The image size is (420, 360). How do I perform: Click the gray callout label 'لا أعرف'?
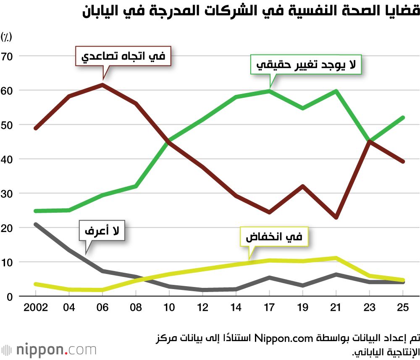pyautogui.click(x=102, y=231)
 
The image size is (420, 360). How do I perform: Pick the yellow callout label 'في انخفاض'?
pyautogui.click(x=274, y=237)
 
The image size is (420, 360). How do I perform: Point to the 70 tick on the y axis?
pyautogui.click(x=8, y=56)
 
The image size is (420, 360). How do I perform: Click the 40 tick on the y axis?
pyautogui.click(x=8, y=159)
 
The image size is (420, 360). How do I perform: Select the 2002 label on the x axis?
pyautogui.click(x=35, y=308)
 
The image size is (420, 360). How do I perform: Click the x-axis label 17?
pyautogui.click(x=269, y=308)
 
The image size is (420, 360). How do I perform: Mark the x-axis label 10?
pyautogui.click(x=169, y=308)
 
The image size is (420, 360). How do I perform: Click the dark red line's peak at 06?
pyautogui.click(x=102, y=85)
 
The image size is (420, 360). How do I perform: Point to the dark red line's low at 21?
pyautogui.click(x=336, y=217)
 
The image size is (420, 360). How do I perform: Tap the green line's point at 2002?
pyautogui.click(x=36, y=211)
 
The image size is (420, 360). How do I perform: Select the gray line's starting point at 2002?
pyautogui.click(x=36, y=224)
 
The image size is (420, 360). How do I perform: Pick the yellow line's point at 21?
pyautogui.click(x=336, y=258)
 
